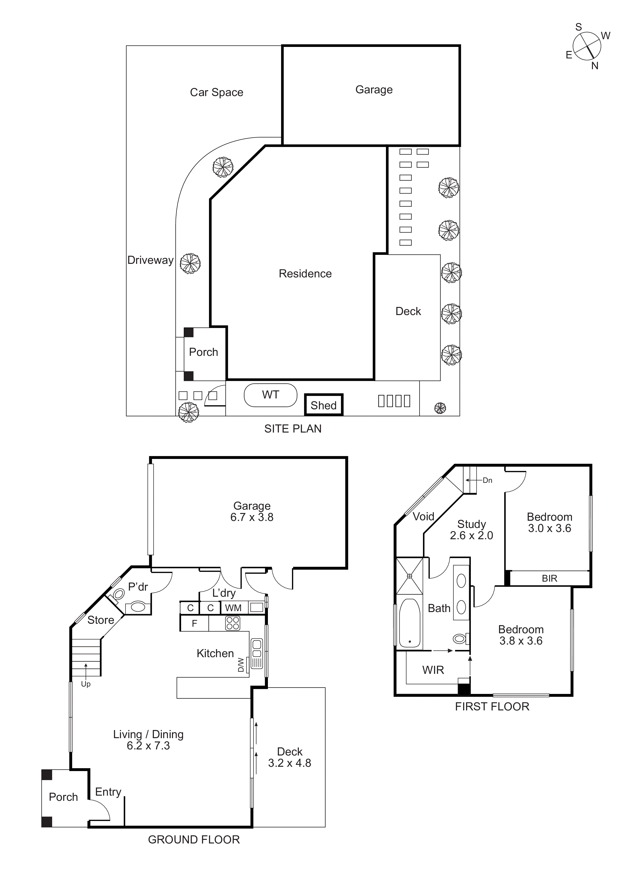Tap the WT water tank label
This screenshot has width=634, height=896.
coord(270,395)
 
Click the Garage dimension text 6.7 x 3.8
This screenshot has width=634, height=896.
coord(252,518)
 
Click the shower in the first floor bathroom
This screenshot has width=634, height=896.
coord(409,576)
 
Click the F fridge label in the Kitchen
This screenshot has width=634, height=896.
coord(194,624)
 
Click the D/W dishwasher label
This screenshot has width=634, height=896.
coord(241,665)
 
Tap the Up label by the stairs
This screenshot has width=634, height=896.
coord(86,684)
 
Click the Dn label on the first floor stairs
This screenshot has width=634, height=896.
coord(488,480)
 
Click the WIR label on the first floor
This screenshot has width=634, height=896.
coord(433,670)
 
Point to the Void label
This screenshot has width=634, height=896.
coord(423,517)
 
